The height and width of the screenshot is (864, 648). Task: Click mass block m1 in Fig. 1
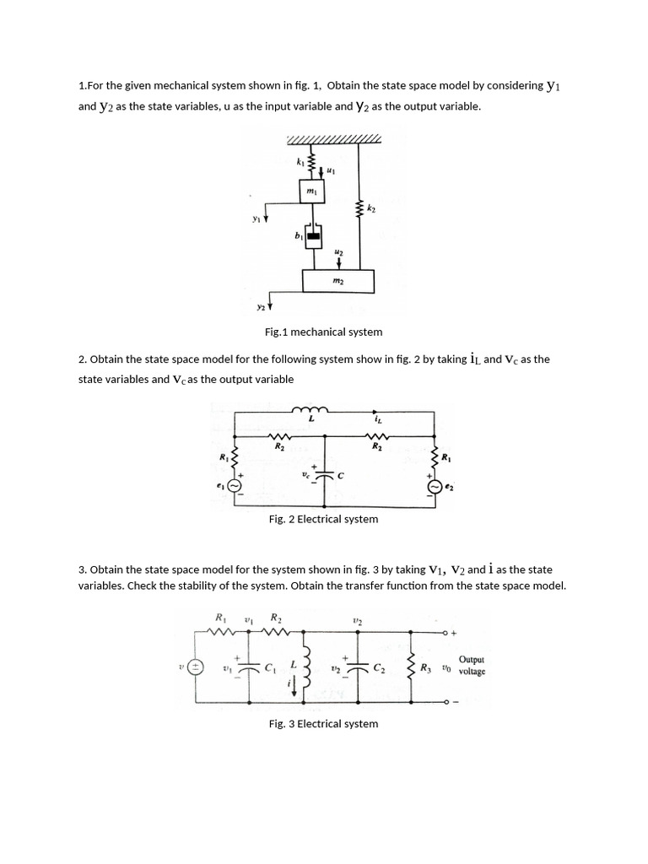click(x=311, y=193)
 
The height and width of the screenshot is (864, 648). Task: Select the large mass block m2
click(x=337, y=280)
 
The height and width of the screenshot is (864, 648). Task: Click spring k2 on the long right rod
click(x=361, y=208)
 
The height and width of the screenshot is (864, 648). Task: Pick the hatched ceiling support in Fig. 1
click(x=334, y=139)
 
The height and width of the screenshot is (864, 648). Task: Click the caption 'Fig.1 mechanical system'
click(x=323, y=332)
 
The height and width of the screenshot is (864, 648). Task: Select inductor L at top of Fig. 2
click(x=310, y=411)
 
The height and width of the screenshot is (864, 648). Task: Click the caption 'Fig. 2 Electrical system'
click(x=323, y=519)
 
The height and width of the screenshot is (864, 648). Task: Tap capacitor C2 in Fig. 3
click(x=359, y=669)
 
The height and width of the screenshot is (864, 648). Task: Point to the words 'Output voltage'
click(x=472, y=666)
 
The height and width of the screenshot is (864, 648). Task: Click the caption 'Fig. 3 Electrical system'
click(x=323, y=723)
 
